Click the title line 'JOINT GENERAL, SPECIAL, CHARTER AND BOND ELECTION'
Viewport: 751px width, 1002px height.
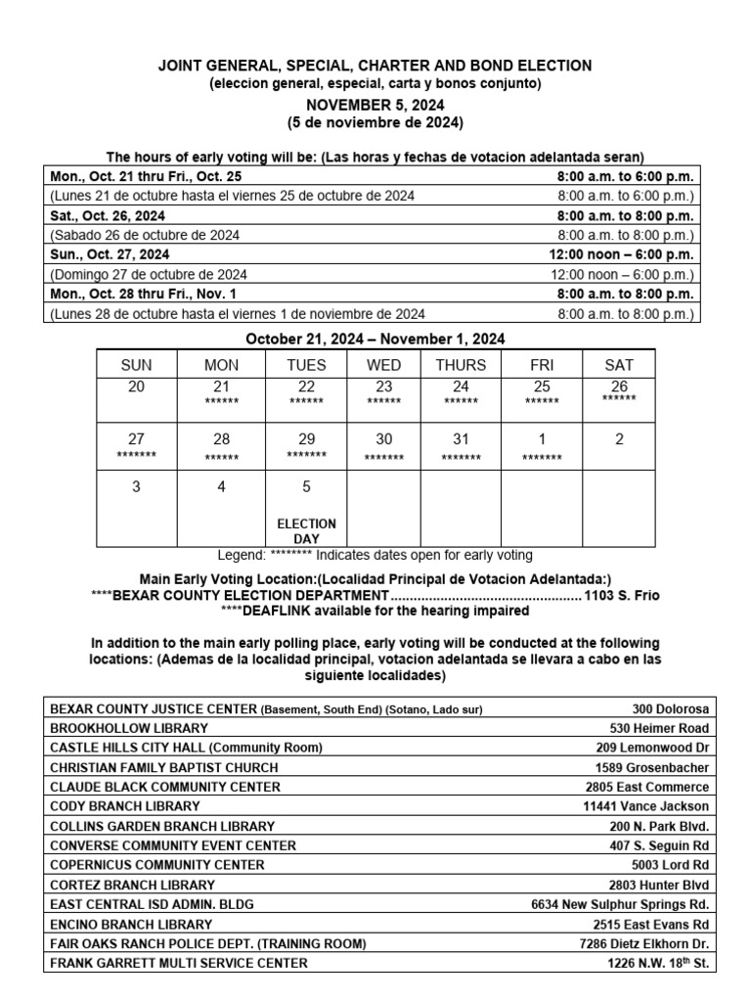(375, 66)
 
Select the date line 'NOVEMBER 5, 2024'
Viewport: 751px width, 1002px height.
(375, 104)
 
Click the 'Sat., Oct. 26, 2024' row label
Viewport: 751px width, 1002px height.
(108, 215)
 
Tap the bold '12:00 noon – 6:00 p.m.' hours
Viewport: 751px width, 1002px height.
(622, 254)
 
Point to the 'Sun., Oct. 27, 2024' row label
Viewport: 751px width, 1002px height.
(108, 254)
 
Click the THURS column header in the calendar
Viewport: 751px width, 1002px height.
(461, 365)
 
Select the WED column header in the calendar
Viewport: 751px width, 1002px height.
(383, 365)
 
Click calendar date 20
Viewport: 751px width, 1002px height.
(136, 387)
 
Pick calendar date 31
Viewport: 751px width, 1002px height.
(461, 439)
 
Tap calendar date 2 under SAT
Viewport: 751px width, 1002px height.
(619, 439)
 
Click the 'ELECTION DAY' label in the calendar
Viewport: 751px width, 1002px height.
(306, 531)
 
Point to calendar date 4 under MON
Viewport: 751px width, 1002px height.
(221, 486)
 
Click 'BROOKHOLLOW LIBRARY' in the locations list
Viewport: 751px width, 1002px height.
(128, 728)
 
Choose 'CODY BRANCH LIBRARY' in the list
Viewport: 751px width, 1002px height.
(124, 806)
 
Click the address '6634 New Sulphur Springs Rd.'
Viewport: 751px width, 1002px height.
(620, 904)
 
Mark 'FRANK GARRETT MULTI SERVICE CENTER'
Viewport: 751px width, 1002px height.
(178, 963)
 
